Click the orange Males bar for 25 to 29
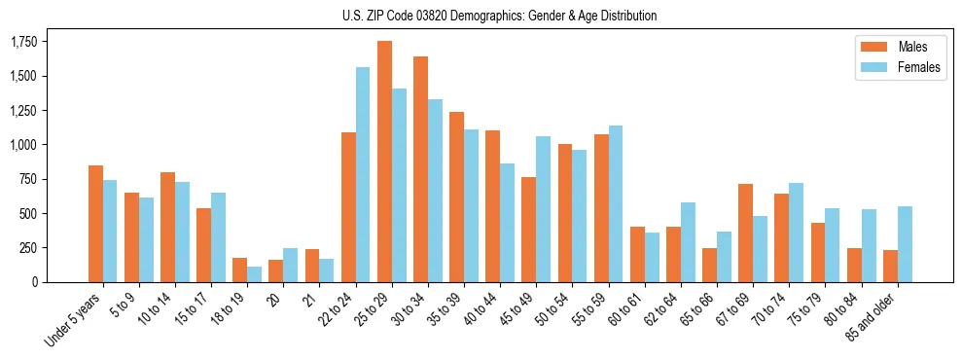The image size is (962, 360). [384, 162]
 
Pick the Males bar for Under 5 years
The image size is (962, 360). [95, 224]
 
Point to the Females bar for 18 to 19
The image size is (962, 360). [254, 274]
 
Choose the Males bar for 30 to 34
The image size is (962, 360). [420, 169]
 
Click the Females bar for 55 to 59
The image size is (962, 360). [616, 203]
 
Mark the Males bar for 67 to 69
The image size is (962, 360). [745, 233]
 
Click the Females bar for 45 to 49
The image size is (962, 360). [544, 209]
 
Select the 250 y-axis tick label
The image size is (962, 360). [28, 248]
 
